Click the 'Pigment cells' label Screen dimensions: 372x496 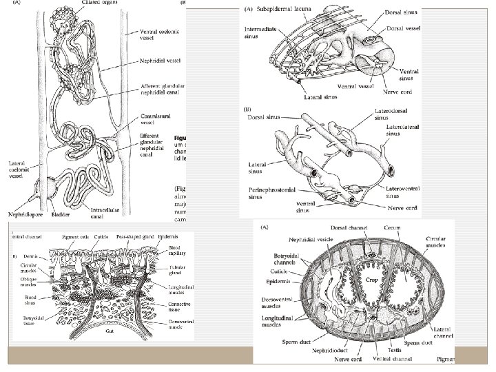(75, 236)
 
